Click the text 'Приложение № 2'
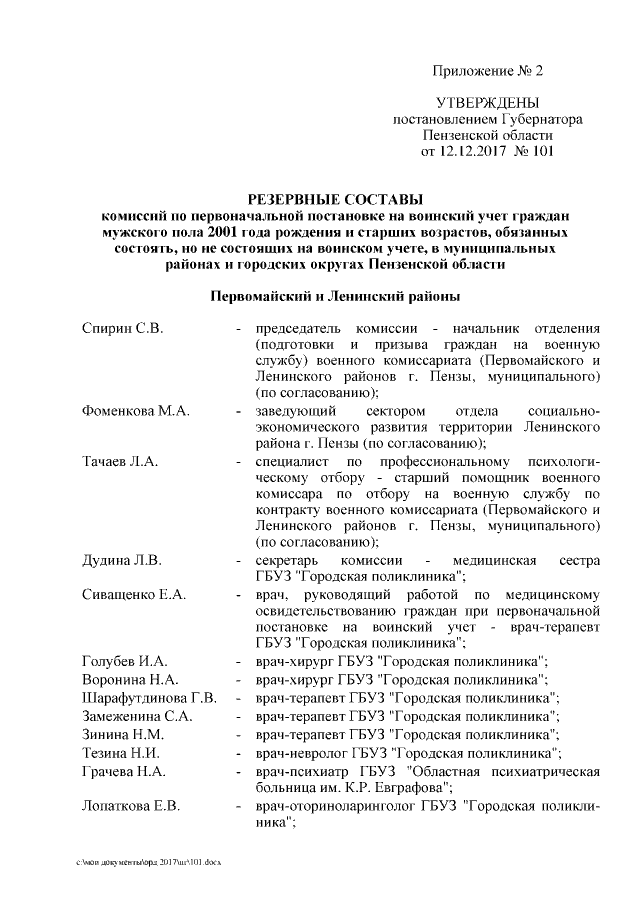pyautogui.click(x=488, y=71)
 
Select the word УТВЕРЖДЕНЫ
pyautogui.click(x=488, y=103)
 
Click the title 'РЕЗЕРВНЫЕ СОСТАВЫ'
pyautogui.click(x=335, y=198)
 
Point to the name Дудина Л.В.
pyautogui.click(x=122, y=559)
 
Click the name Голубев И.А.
pyautogui.click(x=125, y=661)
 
